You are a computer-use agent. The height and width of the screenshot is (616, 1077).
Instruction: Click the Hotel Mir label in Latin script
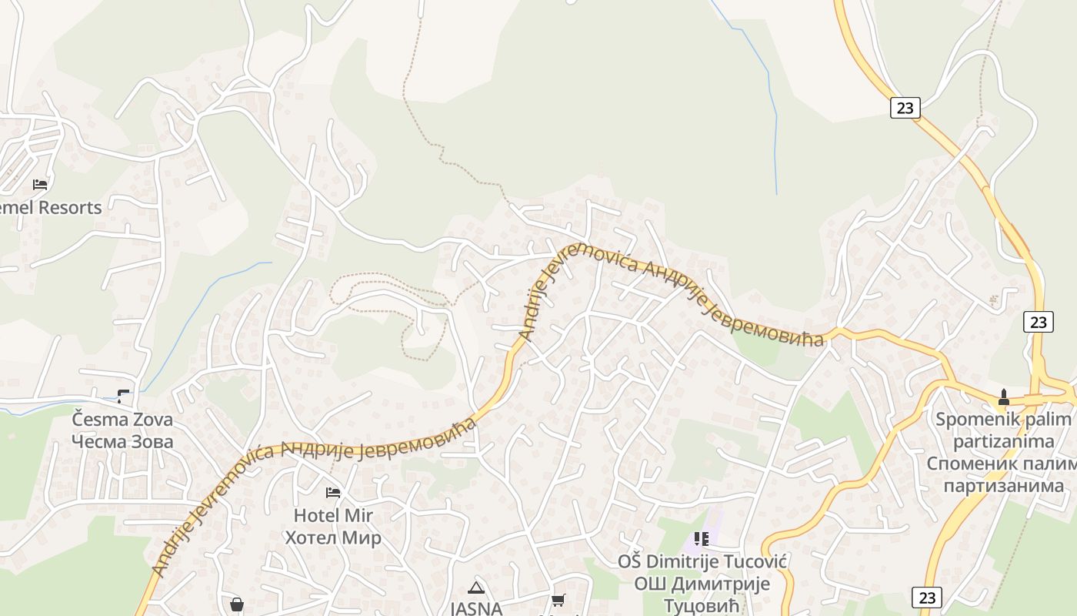(x=332, y=515)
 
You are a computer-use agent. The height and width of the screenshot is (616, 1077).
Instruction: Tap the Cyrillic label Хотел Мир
(x=332, y=537)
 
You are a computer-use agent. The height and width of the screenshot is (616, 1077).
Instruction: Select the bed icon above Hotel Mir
(x=333, y=493)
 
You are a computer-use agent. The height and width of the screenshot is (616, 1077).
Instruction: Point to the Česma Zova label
(x=122, y=420)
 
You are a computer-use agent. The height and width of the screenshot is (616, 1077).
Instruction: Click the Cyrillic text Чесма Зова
(x=122, y=442)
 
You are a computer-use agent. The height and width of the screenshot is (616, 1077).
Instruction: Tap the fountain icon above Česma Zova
(x=123, y=397)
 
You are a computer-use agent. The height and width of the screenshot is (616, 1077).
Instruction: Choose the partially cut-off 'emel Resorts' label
(x=51, y=207)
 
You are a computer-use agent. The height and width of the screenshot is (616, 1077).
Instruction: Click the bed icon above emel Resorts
(x=40, y=185)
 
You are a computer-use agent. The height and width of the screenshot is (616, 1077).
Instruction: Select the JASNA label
(x=476, y=608)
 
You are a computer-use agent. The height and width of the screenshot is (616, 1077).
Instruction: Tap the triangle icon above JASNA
(x=476, y=588)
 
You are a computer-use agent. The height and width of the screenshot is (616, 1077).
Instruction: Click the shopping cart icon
(x=558, y=600)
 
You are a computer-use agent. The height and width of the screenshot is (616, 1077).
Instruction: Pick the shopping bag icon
(x=237, y=604)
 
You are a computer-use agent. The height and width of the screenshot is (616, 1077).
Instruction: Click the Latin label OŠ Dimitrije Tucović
(x=702, y=561)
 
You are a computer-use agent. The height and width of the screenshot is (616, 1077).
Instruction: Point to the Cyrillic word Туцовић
(x=702, y=605)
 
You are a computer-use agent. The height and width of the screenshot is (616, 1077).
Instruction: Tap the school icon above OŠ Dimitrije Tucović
(x=701, y=539)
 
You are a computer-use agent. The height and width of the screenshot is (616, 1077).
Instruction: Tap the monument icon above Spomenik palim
(x=1003, y=398)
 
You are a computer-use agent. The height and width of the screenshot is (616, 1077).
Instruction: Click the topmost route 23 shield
(x=905, y=108)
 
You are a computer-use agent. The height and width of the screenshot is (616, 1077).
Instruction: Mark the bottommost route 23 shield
(x=927, y=597)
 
